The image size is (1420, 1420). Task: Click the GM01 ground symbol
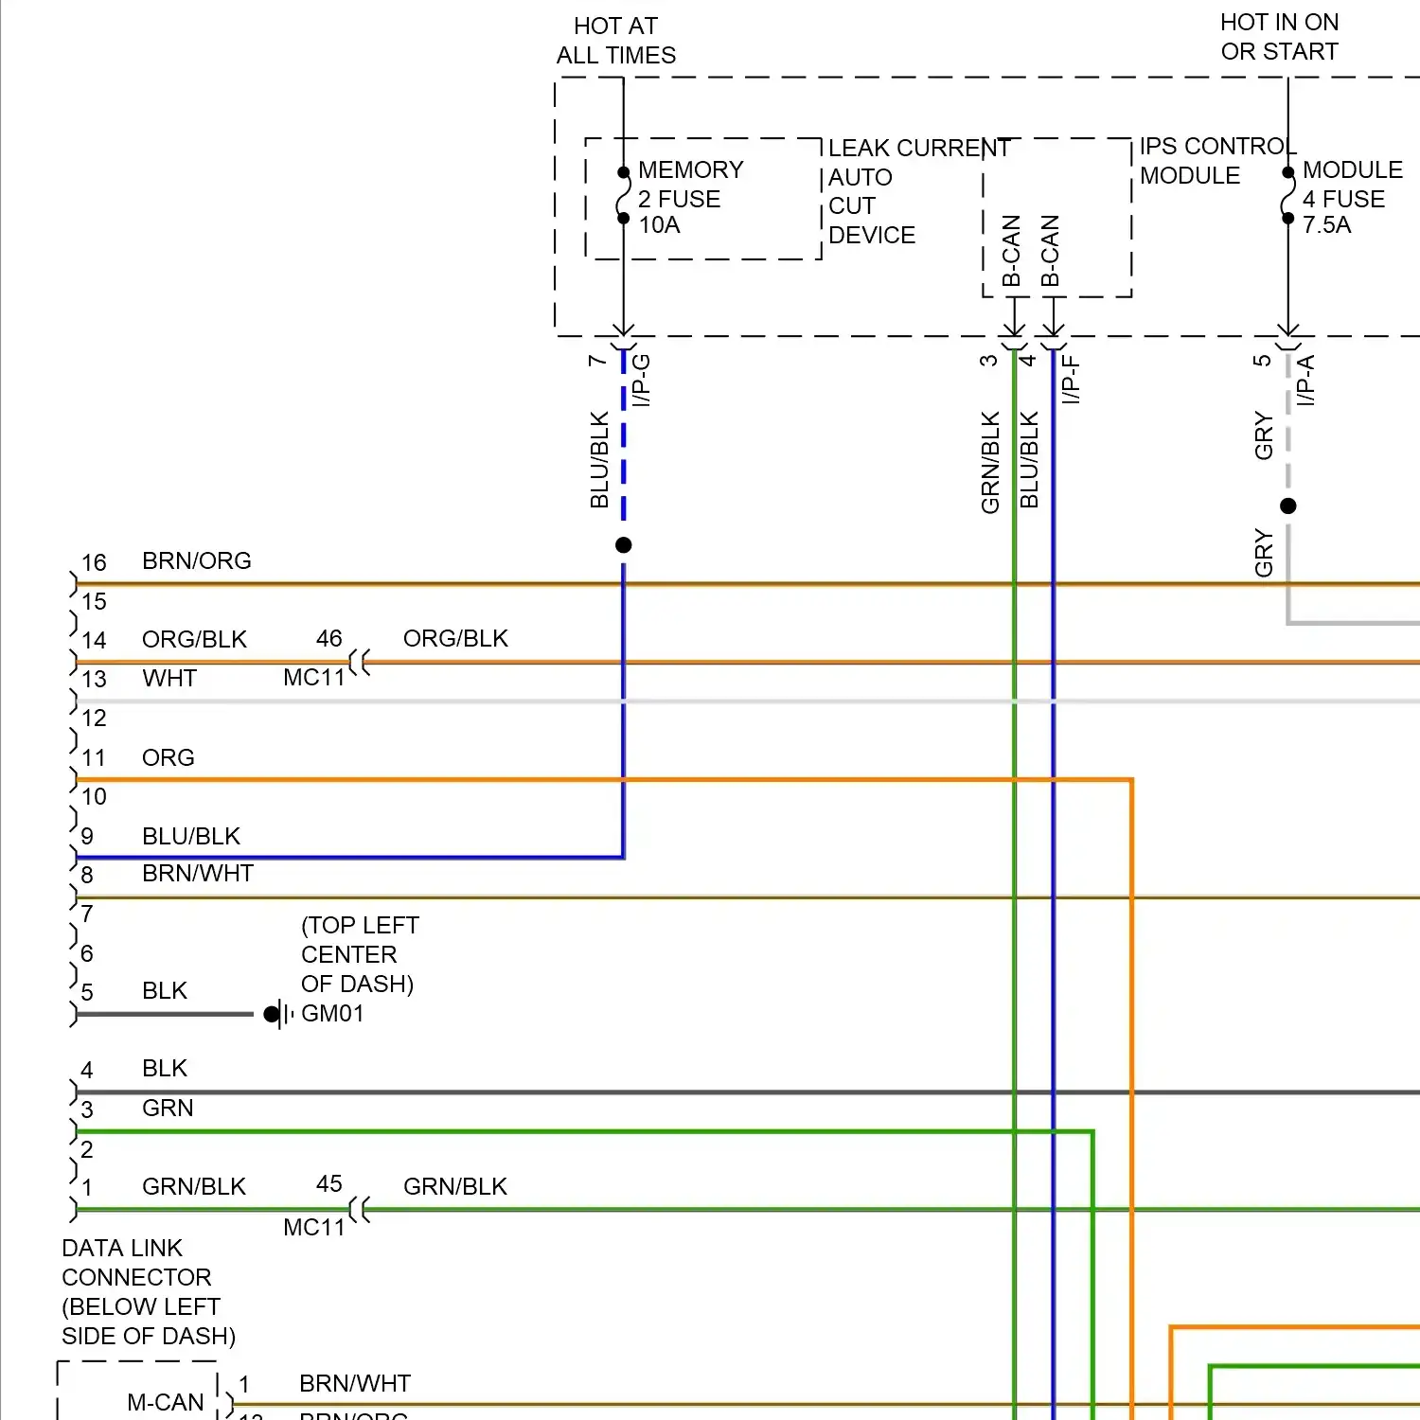[277, 1015]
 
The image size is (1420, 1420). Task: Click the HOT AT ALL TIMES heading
[616, 41]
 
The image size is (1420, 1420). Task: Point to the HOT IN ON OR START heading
[1279, 37]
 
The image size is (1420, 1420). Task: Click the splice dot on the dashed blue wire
[623, 545]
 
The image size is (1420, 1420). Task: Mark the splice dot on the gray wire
[1288, 506]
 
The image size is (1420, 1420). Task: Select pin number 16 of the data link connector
[94, 562]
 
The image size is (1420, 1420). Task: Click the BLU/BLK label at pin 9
[191, 836]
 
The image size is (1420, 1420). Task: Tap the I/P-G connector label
[642, 380]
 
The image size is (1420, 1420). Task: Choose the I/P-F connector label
[1071, 380]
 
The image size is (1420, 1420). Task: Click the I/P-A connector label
[1306, 380]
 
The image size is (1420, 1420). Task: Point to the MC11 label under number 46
[314, 678]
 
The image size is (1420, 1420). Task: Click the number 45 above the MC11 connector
[329, 1184]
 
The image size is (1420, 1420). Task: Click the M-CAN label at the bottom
[166, 1402]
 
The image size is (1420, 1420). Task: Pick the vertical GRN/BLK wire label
[991, 462]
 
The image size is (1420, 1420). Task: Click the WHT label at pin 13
[169, 679]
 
